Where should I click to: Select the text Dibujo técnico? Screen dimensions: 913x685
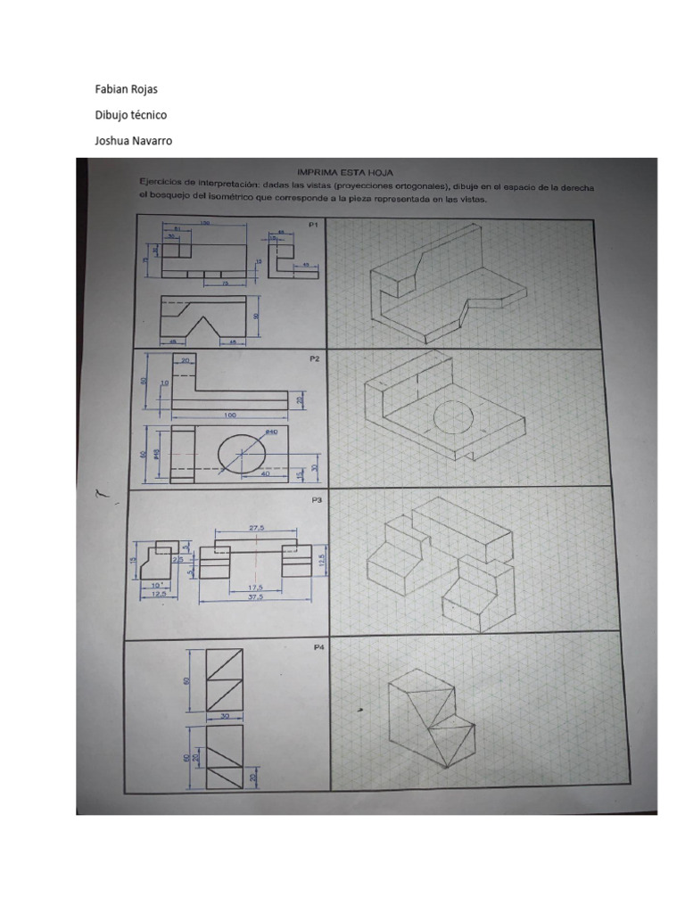click(x=130, y=116)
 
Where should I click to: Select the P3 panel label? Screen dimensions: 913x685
click(x=316, y=501)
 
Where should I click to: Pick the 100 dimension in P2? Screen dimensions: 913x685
click(x=229, y=415)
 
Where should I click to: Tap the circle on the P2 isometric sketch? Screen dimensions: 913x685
click(x=458, y=416)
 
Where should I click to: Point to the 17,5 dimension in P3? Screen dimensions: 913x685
click(x=258, y=587)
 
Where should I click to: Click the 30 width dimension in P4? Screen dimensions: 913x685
click(x=224, y=715)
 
